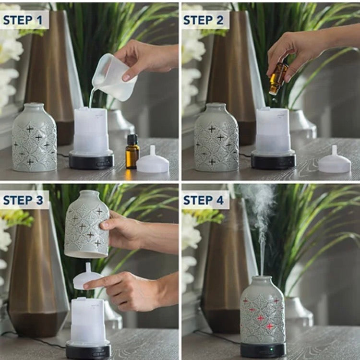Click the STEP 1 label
pyautogui.click(x=23, y=20)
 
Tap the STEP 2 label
pyautogui.click(x=204, y=20)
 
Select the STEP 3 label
pyautogui.click(x=23, y=200)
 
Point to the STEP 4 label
pyautogui.click(x=204, y=200)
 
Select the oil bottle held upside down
pyautogui.click(x=278, y=78)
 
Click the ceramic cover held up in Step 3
pyautogui.click(x=87, y=224)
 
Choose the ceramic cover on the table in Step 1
pyautogui.click(x=34, y=137)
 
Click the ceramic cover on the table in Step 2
pyautogui.click(x=216, y=137)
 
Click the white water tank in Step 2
pyautogui.click(x=273, y=131)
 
